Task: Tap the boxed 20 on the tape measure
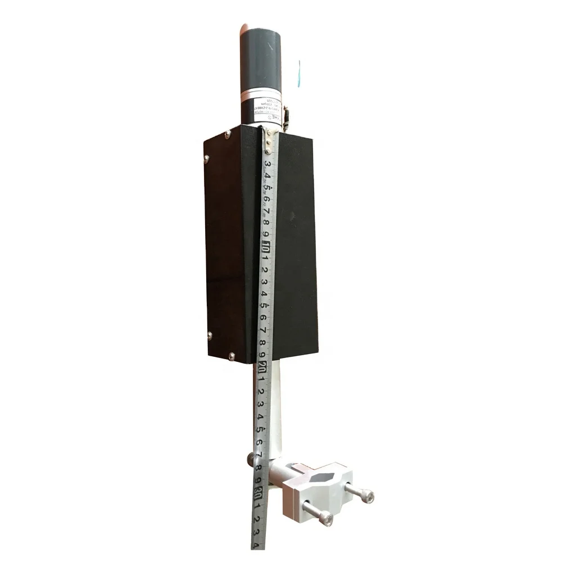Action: click(263, 368)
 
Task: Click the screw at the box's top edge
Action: click(226, 134)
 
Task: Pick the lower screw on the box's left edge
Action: click(210, 336)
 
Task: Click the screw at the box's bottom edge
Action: click(231, 356)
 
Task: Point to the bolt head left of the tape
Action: click(250, 460)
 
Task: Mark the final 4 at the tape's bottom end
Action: click(255, 545)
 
